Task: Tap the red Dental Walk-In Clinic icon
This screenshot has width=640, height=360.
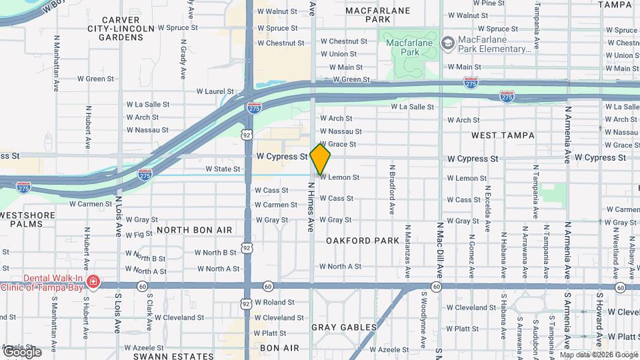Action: pyautogui.click(x=93, y=283)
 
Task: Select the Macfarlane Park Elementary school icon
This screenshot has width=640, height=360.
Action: pyautogui.click(x=447, y=43)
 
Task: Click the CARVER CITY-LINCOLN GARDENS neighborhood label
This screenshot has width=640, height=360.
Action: pyautogui.click(x=116, y=29)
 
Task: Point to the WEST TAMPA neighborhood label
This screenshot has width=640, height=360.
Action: pyautogui.click(x=503, y=135)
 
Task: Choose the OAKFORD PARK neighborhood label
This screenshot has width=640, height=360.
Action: pyautogui.click(x=362, y=241)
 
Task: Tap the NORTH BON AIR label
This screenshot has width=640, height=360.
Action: pyautogui.click(x=194, y=230)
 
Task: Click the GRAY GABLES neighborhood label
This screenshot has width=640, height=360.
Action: pyautogui.click(x=344, y=327)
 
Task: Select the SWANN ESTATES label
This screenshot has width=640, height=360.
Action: pyautogui.click(x=164, y=356)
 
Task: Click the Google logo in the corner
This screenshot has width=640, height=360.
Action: pyautogui.click(x=21, y=351)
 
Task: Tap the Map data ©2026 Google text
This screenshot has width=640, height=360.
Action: pyautogui.click(x=599, y=355)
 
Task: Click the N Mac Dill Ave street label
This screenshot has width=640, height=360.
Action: pyautogui.click(x=440, y=250)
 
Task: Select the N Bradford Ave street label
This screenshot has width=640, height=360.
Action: pyautogui.click(x=393, y=189)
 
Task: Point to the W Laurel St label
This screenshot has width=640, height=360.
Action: pyautogui.click(x=215, y=91)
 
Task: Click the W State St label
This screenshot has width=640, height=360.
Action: pyautogui.click(x=223, y=169)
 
